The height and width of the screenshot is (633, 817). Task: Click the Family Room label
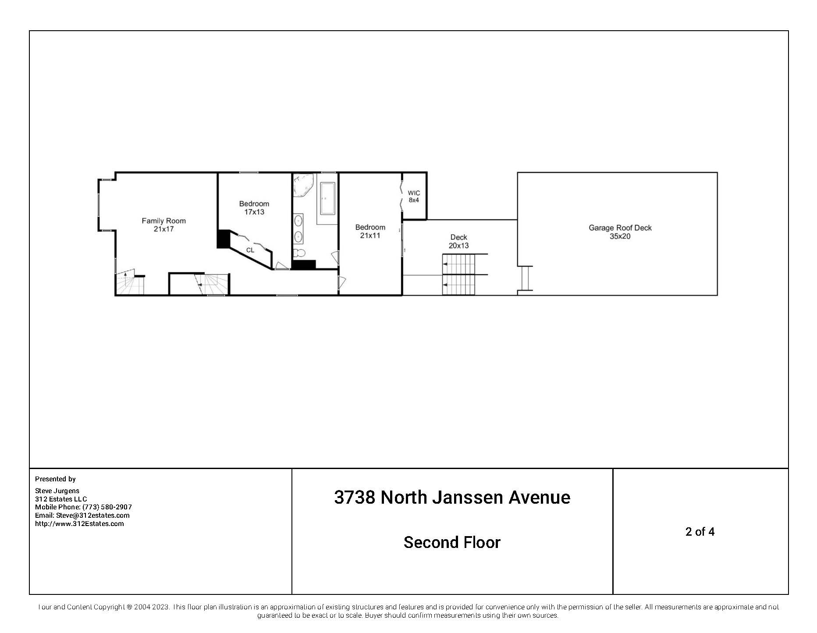point(163,221)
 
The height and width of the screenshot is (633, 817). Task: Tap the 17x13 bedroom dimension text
point(254,212)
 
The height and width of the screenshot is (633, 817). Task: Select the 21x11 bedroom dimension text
point(370,236)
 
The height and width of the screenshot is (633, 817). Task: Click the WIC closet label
point(414,193)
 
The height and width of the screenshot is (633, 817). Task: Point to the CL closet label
point(250,250)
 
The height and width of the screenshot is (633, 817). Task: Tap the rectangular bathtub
point(328,199)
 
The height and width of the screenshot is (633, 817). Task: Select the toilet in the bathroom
point(300,253)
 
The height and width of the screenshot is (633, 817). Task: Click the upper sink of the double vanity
point(298,220)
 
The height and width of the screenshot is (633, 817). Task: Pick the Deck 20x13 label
point(458,242)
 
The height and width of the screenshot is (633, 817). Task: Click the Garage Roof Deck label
point(620,228)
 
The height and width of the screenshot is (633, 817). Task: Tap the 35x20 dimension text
point(620,237)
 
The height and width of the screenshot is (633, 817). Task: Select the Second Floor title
point(452,543)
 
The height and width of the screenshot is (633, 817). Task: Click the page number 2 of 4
point(700,532)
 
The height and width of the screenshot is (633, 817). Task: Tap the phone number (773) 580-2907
point(107,507)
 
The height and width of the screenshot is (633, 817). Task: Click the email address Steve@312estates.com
point(93,516)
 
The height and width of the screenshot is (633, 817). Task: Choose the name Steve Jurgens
point(57,491)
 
